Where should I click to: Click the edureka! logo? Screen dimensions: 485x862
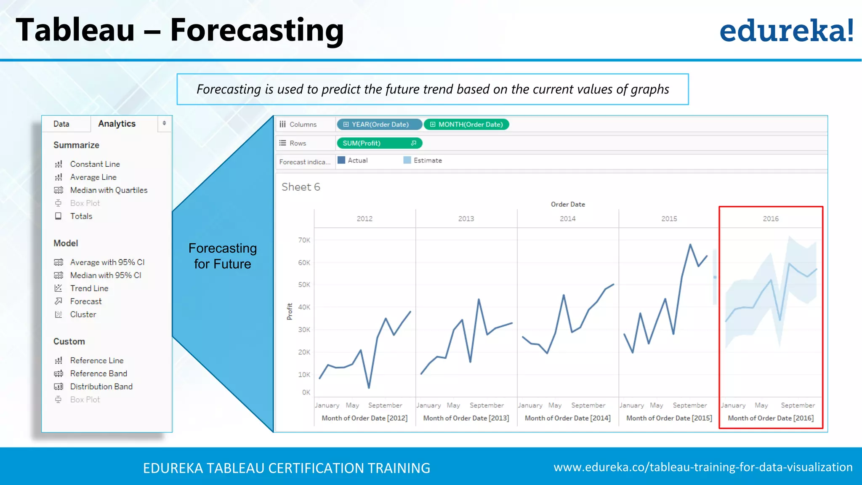click(786, 30)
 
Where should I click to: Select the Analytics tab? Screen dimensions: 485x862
click(117, 124)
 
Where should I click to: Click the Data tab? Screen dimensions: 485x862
click(61, 124)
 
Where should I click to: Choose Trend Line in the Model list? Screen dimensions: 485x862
click(89, 288)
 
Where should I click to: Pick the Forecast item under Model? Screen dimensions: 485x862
click(85, 301)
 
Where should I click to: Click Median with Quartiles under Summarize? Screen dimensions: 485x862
click(109, 190)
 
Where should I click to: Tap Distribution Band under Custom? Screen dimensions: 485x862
click(101, 386)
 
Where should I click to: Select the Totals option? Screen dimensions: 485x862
click(81, 216)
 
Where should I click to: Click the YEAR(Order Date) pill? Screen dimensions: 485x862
click(379, 125)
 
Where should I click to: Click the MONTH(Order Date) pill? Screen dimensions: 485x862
click(466, 125)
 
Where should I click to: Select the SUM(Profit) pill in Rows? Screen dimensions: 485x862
click(379, 143)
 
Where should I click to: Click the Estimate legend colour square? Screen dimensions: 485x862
click(407, 160)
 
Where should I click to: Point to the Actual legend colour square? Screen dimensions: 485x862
click(341, 160)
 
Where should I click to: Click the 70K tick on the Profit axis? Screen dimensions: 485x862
click(304, 240)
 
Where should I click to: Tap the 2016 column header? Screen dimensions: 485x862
click(770, 219)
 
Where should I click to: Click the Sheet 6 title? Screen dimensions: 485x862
click(301, 187)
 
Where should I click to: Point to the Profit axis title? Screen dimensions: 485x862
click(290, 312)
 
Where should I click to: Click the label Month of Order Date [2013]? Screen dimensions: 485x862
click(466, 418)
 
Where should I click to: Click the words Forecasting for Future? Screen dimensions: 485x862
click(222, 256)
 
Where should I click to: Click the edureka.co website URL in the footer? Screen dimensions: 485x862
click(703, 467)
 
